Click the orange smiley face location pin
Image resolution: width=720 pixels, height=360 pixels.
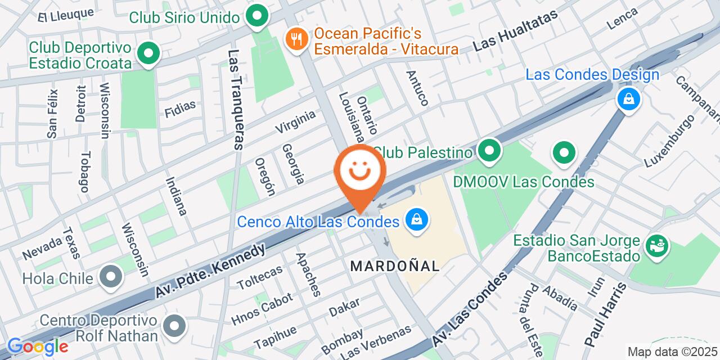coord(360,172)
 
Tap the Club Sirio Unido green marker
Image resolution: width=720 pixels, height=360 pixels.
coord(258,16)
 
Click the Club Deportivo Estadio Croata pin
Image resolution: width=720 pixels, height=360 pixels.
coord(148,54)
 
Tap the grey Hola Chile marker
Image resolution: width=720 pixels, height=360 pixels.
coord(111,277)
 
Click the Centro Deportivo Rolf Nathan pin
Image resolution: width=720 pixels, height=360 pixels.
coord(174,326)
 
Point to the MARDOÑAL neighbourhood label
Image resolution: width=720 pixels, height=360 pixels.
coord(395,266)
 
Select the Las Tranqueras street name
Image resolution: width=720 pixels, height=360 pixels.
coord(235,100)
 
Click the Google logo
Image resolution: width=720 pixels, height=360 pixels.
coord(37,346)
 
